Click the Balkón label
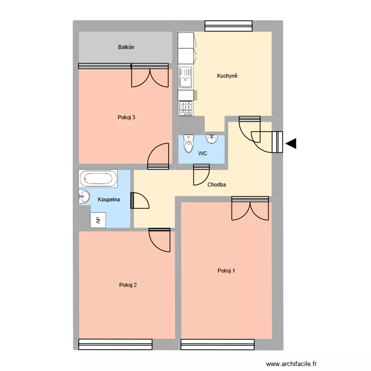click(126, 47)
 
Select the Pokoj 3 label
click(127, 117)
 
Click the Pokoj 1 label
click(226, 271)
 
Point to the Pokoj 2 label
click(128, 284)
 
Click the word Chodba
click(217, 185)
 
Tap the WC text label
click(202, 154)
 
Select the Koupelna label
click(109, 200)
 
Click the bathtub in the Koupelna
click(98, 179)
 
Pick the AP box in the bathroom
click(97, 220)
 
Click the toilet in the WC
click(188, 144)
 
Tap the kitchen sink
click(186, 77)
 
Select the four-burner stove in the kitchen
click(186, 108)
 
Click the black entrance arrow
click(291, 143)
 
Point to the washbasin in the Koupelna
click(83, 196)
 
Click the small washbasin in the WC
click(213, 138)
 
